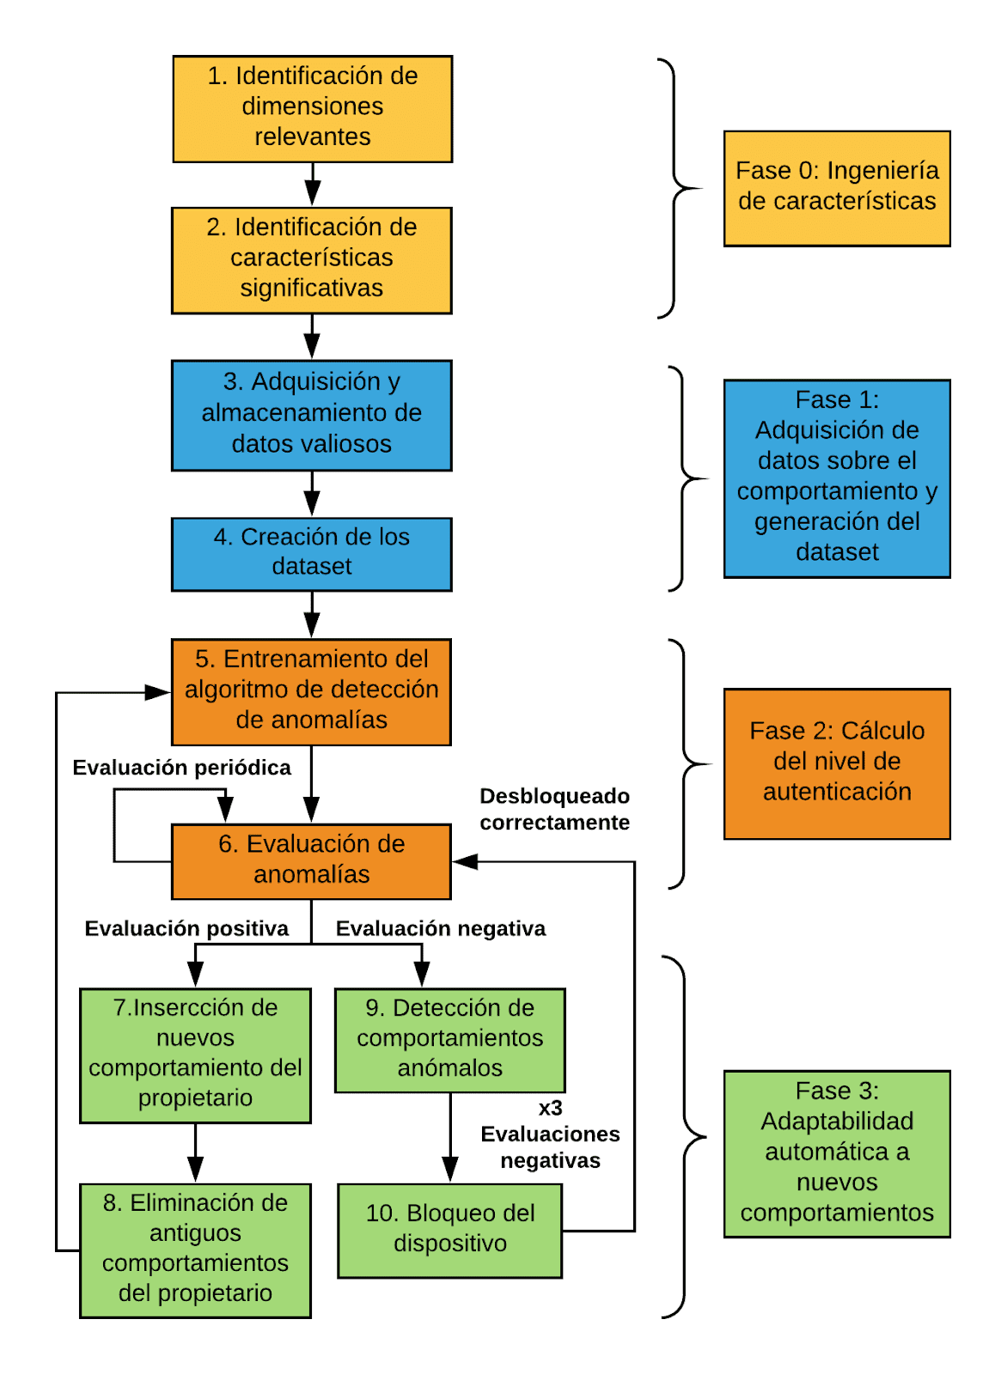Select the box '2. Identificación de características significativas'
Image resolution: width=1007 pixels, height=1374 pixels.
point(311,260)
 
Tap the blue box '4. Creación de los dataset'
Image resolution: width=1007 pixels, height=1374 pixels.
point(311,554)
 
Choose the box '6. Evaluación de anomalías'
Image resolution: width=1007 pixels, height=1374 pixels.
point(311,860)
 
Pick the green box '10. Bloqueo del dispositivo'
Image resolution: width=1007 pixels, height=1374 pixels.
point(449,1230)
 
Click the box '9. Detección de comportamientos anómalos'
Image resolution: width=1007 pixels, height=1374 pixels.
point(449,1039)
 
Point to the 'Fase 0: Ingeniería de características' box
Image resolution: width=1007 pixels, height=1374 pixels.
point(836,188)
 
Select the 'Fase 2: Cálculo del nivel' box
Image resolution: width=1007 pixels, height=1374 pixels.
point(836,763)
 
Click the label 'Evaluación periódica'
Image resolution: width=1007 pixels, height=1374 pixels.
point(181,768)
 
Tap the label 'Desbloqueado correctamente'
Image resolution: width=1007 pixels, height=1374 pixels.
point(554,809)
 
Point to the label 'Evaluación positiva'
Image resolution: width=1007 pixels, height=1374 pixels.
point(186,928)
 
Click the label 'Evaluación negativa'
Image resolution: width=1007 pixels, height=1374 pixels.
point(440,928)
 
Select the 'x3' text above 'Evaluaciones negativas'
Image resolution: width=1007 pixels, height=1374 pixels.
point(550,1108)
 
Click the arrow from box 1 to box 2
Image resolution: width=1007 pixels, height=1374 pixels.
point(313,184)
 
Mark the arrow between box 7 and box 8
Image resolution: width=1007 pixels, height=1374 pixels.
point(195,1152)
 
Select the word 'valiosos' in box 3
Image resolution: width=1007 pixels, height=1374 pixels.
point(351,444)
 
